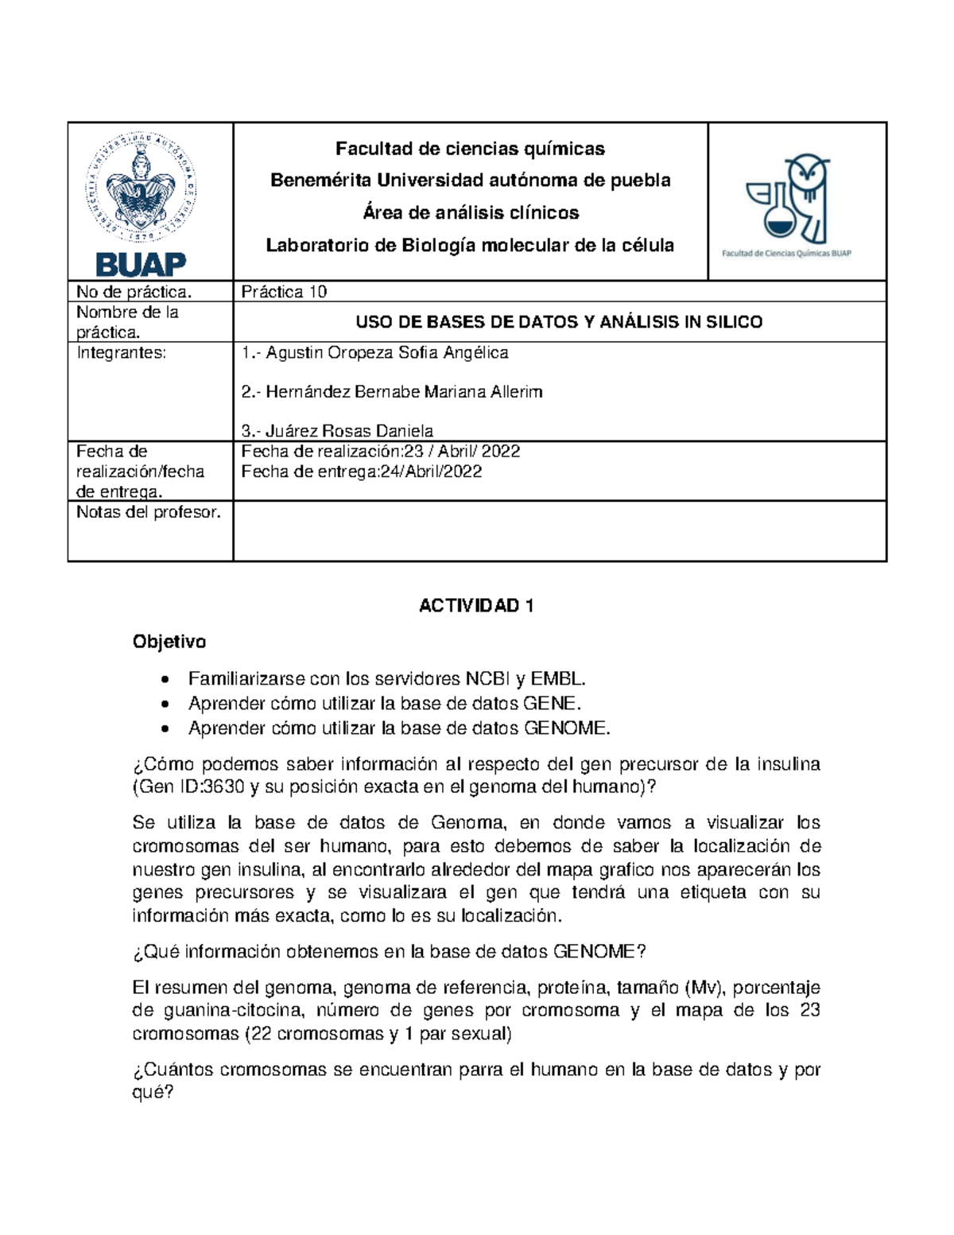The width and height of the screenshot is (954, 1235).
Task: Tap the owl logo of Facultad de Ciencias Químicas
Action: [787, 202]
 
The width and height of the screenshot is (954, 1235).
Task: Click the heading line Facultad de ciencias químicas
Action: [470, 149]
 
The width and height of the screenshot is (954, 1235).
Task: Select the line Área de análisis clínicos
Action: [470, 212]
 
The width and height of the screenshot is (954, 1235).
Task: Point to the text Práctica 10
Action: [284, 292]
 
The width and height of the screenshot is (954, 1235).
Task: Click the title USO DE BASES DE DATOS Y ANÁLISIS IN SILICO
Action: [559, 322]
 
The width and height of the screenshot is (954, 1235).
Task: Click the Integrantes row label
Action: [122, 352]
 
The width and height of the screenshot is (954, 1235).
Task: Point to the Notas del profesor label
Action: [149, 512]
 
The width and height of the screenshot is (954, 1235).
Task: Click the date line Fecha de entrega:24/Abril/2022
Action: [362, 472]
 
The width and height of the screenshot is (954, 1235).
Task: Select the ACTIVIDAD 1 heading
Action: [476, 606]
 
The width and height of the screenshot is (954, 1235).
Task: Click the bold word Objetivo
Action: [169, 641]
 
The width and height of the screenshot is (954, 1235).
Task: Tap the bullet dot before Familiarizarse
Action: [165, 680]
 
